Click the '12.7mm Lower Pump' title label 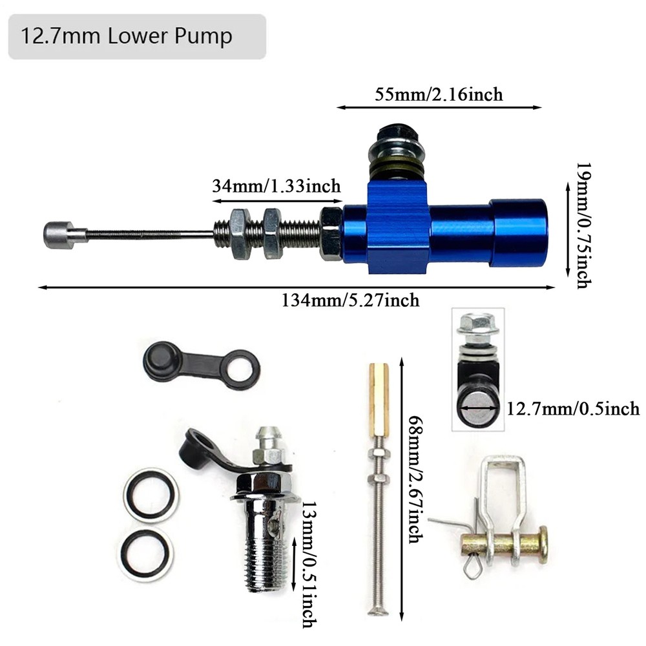click(x=127, y=36)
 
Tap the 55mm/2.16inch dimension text click(x=439, y=94)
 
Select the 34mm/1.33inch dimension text click(x=276, y=186)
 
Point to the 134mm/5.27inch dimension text click(x=350, y=300)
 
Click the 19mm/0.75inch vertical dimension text click(x=583, y=225)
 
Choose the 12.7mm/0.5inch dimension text click(x=573, y=409)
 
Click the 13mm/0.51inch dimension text click(x=309, y=565)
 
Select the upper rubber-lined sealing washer click(x=151, y=495)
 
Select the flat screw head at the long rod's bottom click(x=378, y=611)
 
